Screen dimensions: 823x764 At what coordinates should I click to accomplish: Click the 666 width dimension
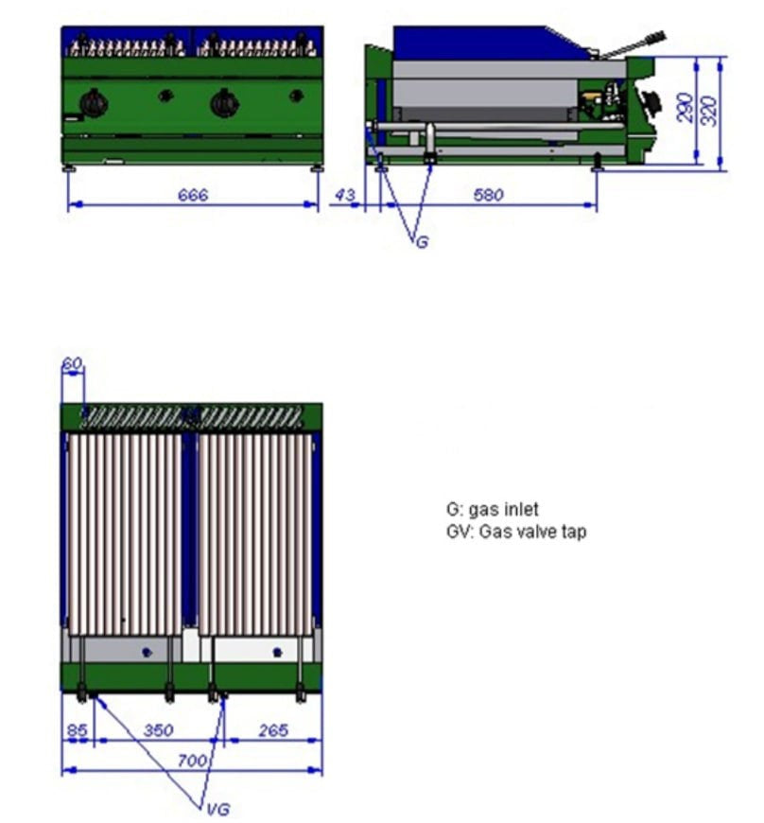193,195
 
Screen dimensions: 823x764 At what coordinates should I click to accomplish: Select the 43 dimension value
346,195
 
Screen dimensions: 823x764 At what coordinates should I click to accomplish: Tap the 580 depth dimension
489,195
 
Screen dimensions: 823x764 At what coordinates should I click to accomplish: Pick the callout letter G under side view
422,242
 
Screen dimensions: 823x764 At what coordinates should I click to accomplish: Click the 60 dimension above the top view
72,363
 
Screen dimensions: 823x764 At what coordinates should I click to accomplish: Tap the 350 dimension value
158,730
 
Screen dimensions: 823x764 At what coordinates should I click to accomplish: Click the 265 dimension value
272,730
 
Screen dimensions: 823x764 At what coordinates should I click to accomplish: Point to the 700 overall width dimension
193,760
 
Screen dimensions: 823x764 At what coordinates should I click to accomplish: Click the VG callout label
217,809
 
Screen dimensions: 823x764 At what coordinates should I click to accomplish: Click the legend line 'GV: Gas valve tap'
516,532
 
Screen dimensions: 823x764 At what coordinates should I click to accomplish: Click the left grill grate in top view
125,534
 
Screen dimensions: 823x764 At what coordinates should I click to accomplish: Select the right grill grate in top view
254,534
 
